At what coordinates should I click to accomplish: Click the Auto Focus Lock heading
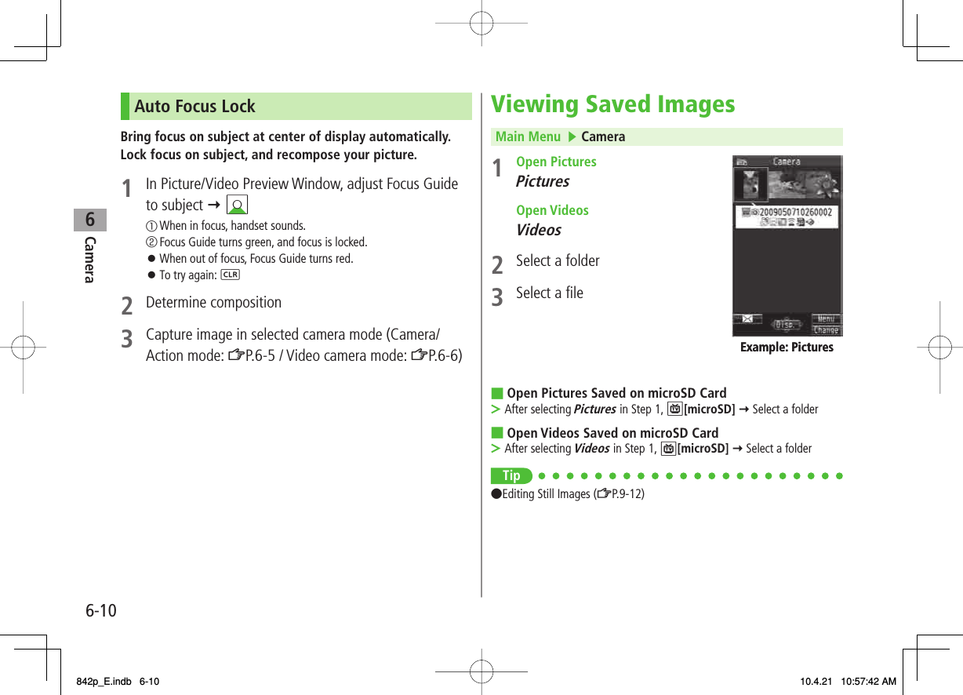(x=194, y=107)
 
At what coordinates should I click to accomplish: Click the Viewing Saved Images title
(x=612, y=104)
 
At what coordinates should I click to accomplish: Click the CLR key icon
(x=231, y=275)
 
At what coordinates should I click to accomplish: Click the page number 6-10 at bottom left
(x=99, y=609)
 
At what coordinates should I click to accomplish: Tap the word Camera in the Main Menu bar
(x=603, y=136)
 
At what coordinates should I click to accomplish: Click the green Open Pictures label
(x=556, y=162)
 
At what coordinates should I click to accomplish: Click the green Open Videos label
(x=552, y=210)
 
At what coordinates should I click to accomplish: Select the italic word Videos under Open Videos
(x=538, y=230)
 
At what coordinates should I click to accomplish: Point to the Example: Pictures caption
(x=787, y=347)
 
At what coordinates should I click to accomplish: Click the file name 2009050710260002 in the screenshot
(x=792, y=212)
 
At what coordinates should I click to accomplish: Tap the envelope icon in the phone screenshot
(x=747, y=319)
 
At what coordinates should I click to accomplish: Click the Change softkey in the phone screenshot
(x=826, y=330)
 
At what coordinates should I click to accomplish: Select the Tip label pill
(x=511, y=475)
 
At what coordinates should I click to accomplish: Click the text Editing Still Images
(x=547, y=494)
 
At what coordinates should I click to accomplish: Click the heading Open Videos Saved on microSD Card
(x=612, y=433)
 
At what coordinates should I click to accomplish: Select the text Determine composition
(x=213, y=303)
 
